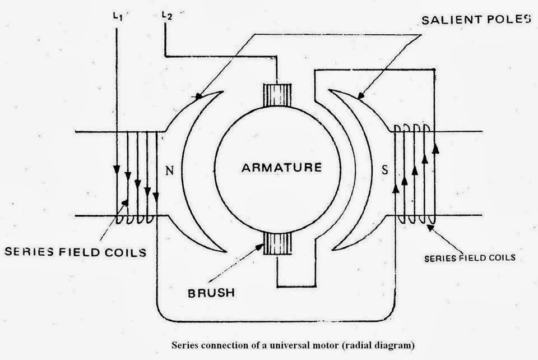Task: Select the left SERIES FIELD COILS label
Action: (x=75, y=252)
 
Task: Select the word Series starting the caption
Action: (x=183, y=344)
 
